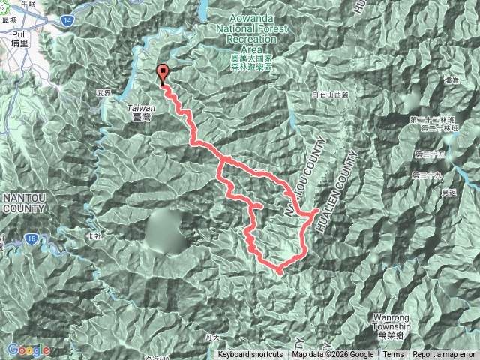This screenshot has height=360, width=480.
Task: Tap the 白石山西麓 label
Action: [x=330, y=94]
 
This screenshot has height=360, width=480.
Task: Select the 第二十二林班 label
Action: [x=430, y=119]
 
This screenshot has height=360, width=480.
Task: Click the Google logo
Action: [x=28, y=349]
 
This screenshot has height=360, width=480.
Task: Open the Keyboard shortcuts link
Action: [x=250, y=355]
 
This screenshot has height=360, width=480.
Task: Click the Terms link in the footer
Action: [x=393, y=355]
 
